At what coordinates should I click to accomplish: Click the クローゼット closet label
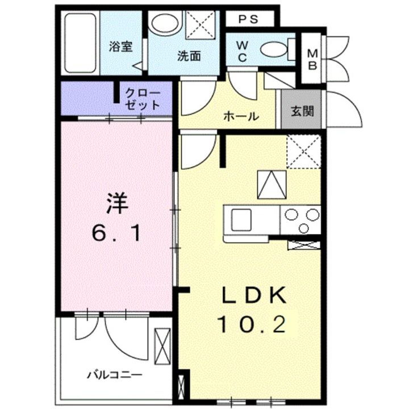[x=141, y=98]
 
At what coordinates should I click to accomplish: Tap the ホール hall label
[x=241, y=116]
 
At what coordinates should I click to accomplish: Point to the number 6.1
[x=115, y=232]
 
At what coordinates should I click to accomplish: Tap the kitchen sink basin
[x=240, y=219]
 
